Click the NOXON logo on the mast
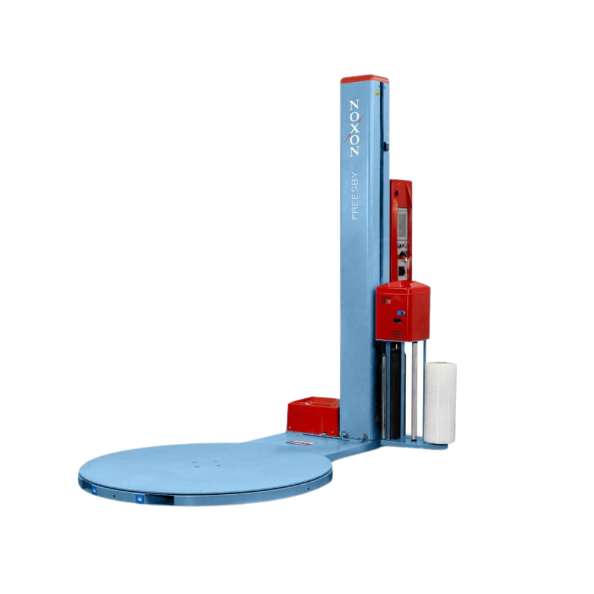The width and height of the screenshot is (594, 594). click(354, 128)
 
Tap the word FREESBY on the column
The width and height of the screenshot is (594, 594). click(355, 196)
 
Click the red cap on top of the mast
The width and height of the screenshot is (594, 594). click(365, 79)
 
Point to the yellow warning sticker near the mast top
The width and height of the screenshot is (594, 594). click(377, 91)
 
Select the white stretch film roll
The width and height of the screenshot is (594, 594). click(440, 403)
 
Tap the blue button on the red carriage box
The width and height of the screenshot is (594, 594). click(400, 313)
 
